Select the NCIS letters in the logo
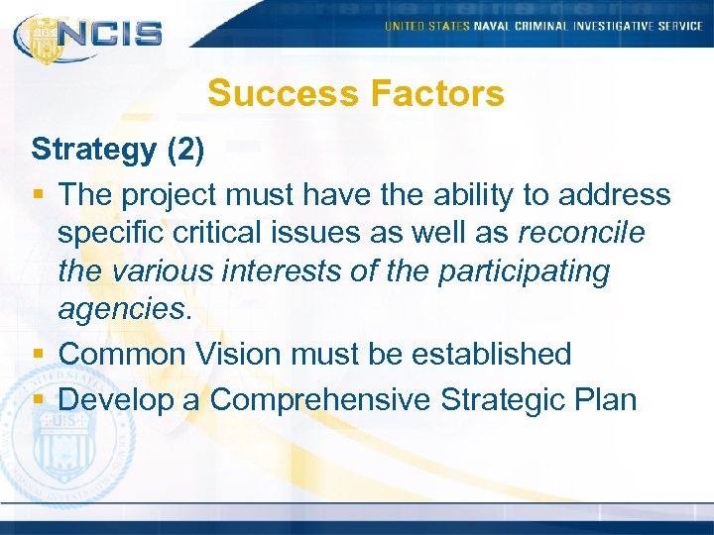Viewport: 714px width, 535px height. click(110, 33)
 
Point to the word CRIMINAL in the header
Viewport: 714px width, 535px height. click(544, 26)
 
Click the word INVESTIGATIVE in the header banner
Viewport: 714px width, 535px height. click(617, 26)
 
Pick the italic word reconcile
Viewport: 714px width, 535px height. click(580, 233)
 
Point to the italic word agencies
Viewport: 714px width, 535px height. click(120, 310)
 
